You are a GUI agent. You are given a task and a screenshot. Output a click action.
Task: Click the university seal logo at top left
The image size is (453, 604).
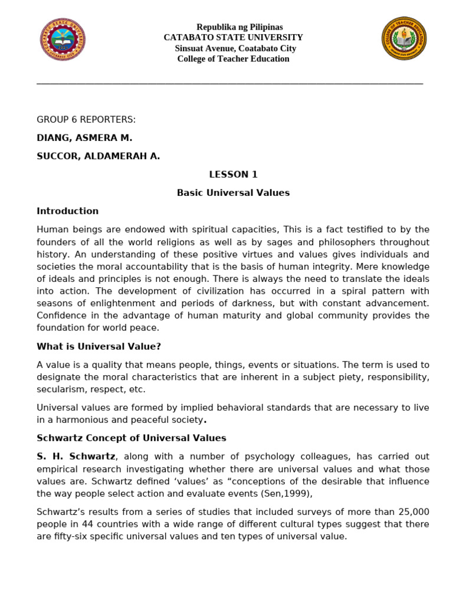(x=62, y=39)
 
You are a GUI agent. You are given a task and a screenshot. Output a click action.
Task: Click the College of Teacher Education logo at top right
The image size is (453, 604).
(x=404, y=38)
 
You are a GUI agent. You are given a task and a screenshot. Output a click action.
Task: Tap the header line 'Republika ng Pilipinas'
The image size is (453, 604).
(x=239, y=27)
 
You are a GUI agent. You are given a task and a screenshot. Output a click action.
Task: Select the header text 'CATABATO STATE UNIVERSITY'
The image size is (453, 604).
(x=234, y=38)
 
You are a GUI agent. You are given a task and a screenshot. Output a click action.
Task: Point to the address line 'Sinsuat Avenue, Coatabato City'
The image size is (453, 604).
(x=235, y=48)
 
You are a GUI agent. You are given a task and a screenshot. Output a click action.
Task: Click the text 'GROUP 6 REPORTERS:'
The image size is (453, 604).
(x=86, y=120)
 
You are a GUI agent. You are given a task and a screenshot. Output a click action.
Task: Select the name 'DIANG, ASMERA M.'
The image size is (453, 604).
(x=84, y=138)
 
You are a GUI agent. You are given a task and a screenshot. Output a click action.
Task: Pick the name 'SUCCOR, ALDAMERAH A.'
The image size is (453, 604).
(x=99, y=156)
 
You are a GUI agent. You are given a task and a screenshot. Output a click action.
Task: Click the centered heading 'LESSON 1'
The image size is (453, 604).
(x=234, y=175)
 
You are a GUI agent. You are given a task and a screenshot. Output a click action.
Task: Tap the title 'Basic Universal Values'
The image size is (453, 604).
(x=234, y=193)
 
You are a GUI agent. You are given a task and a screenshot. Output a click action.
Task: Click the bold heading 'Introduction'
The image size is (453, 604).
(x=68, y=211)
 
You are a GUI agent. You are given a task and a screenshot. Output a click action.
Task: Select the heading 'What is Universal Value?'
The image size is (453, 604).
(x=99, y=346)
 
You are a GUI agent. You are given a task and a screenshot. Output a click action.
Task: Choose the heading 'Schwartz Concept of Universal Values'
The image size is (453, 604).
(x=132, y=438)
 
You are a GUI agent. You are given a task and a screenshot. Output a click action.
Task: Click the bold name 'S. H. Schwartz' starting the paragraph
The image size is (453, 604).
(x=76, y=457)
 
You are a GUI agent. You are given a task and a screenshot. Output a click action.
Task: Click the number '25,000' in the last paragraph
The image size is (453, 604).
(x=413, y=511)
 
